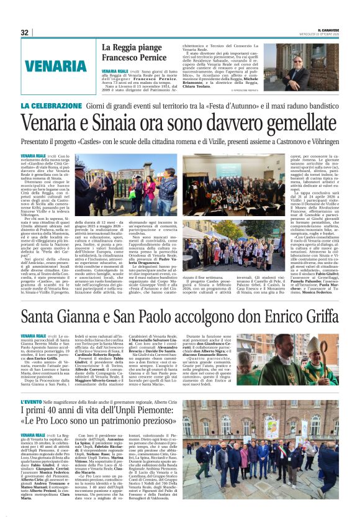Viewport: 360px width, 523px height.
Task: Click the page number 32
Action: [24, 32]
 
